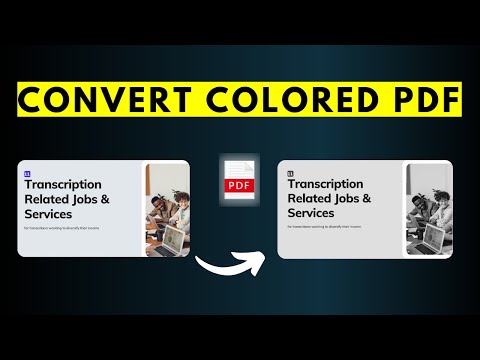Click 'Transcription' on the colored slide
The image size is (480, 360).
63,185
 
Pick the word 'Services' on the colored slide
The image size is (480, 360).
50,214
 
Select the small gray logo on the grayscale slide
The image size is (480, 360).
291,173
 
